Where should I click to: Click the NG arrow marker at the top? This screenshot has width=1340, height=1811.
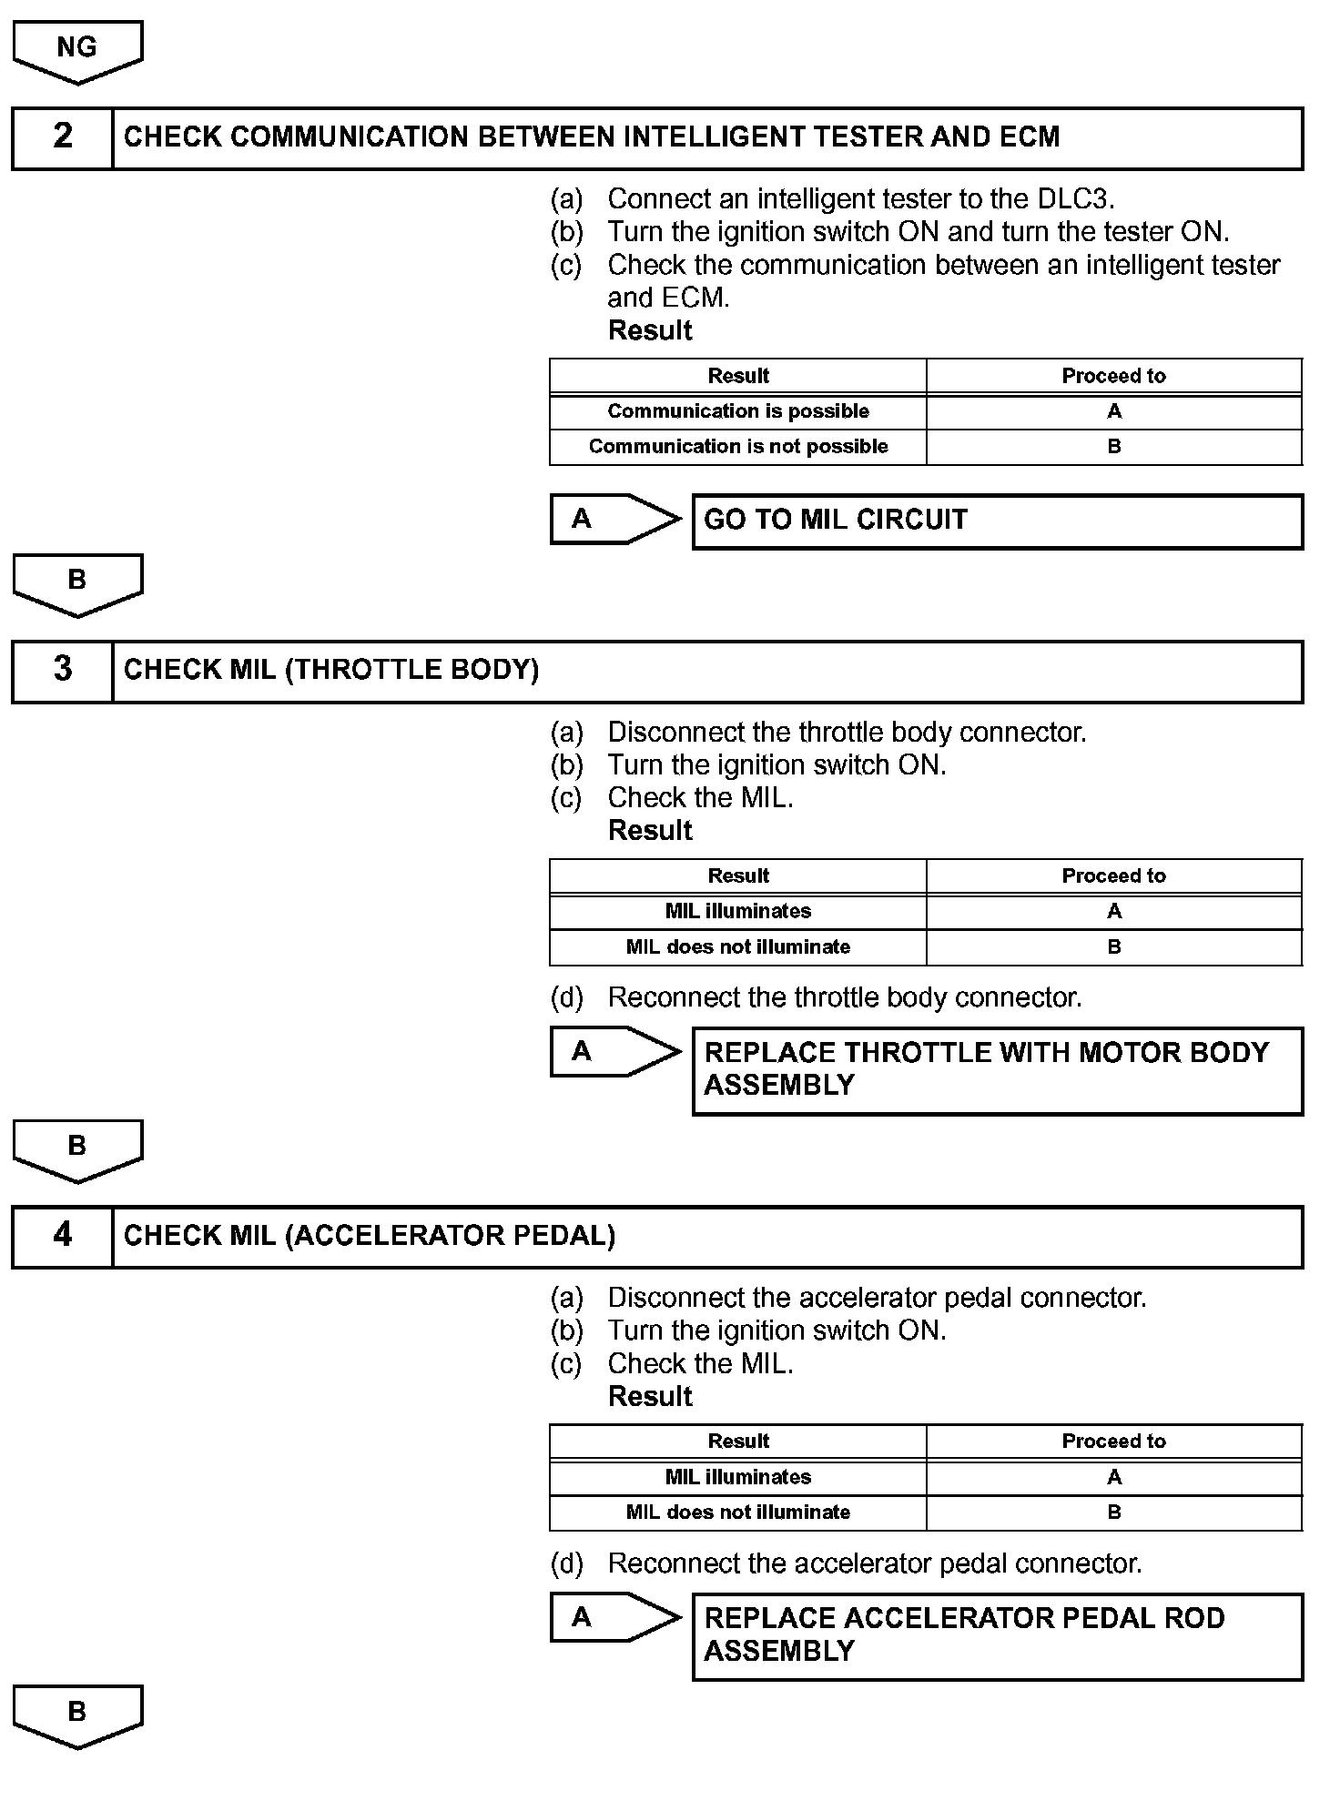click(77, 50)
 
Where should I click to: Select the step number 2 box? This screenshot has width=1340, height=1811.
click(62, 137)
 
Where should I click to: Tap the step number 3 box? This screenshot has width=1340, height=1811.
click(62, 671)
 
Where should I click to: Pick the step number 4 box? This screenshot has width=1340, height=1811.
click(62, 1236)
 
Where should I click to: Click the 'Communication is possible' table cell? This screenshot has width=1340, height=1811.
click(738, 411)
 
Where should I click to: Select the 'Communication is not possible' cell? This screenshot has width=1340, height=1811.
click(738, 447)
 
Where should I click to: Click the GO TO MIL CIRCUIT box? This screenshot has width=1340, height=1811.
click(997, 521)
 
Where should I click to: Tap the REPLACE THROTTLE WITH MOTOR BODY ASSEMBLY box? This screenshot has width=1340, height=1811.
click(997, 1069)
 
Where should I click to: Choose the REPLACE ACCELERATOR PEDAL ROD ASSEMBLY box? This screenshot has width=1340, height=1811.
click(997, 1635)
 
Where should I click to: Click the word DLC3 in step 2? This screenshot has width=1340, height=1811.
click(1074, 198)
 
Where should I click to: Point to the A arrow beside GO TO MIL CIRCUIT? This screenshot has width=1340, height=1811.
click(614, 520)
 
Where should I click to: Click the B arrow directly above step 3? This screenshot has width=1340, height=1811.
click(77, 582)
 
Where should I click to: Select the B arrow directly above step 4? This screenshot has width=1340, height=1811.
click(77, 1148)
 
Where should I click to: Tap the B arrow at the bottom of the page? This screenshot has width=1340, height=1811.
click(77, 1715)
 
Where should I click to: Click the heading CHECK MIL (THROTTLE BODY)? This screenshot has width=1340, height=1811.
click(331, 671)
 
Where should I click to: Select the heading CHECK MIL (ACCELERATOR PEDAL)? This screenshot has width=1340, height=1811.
click(370, 1236)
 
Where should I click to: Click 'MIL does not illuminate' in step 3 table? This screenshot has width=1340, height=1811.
click(738, 947)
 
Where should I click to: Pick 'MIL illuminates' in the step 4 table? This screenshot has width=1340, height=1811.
click(738, 1477)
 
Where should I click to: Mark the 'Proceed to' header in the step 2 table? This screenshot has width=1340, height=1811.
click(1113, 376)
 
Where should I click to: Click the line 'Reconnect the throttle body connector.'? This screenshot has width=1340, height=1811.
click(844, 998)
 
